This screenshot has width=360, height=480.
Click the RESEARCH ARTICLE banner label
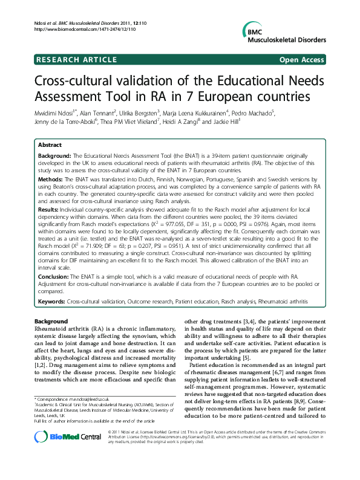[x=77, y=60]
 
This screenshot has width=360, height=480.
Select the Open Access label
[x=302, y=60]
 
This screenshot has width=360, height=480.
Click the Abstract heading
[x=50, y=146]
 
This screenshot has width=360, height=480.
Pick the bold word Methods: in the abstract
[x=52, y=180]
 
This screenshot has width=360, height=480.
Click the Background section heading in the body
[x=51, y=320]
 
